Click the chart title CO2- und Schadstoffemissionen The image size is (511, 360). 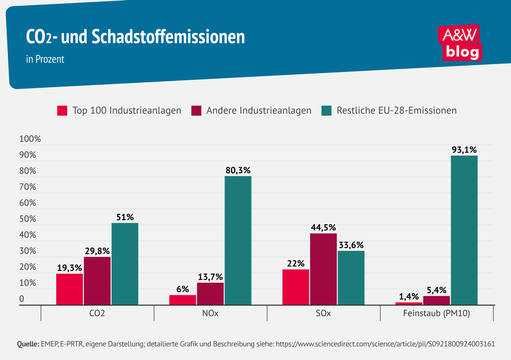(x=135, y=37)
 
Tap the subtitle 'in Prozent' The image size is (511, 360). (x=45, y=59)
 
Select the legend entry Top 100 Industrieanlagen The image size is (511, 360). (x=119, y=111)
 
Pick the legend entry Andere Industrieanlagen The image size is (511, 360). (x=252, y=111)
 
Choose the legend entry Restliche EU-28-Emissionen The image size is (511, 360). (x=389, y=111)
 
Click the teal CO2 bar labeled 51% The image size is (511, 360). (x=125, y=264)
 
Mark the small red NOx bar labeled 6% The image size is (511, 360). (x=183, y=300)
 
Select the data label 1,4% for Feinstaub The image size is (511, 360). (x=409, y=296)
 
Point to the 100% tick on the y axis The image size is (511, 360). (x=30, y=139)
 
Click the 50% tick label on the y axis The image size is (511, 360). (x=28, y=219)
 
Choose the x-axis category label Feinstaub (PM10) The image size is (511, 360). (x=436, y=314)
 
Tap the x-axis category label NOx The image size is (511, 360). (x=210, y=314)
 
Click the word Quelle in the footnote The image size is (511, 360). (x=27, y=344)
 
